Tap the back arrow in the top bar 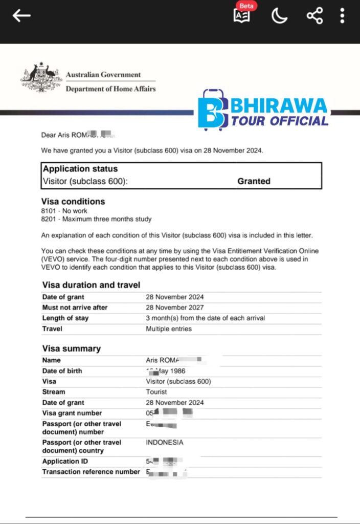(x=21, y=15)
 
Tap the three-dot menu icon (x=342, y=15)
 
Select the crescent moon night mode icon (x=279, y=16)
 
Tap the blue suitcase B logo (x=212, y=110)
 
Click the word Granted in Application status (x=254, y=181)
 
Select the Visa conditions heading (x=73, y=202)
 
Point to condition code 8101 (x=49, y=211)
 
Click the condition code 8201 (x=49, y=220)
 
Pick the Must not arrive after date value (x=174, y=308)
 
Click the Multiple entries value (x=169, y=329)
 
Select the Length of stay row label (x=65, y=318)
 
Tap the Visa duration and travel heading (x=91, y=285)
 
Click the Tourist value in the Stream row (x=156, y=392)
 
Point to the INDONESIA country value (x=164, y=443)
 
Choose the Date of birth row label (x=62, y=371)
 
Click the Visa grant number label (x=72, y=413)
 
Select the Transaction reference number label (x=91, y=472)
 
